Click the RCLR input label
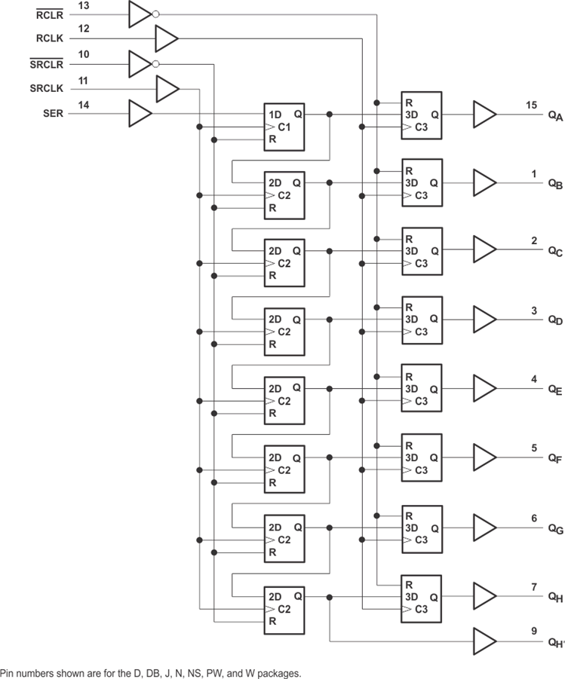point(50,15)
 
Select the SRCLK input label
point(47,88)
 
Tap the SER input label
point(53,114)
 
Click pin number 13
point(84,5)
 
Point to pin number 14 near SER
point(84,105)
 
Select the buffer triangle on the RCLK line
point(167,38)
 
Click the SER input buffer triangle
point(140,114)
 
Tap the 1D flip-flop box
point(284,127)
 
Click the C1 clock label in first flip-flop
point(284,127)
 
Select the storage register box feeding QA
point(422,115)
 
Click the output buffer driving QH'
point(485,641)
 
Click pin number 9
point(534,631)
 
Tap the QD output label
point(555,320)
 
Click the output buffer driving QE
point(485,388)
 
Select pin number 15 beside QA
point(532,105)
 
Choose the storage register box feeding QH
point(422,599)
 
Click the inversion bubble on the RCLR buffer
point(155,14)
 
